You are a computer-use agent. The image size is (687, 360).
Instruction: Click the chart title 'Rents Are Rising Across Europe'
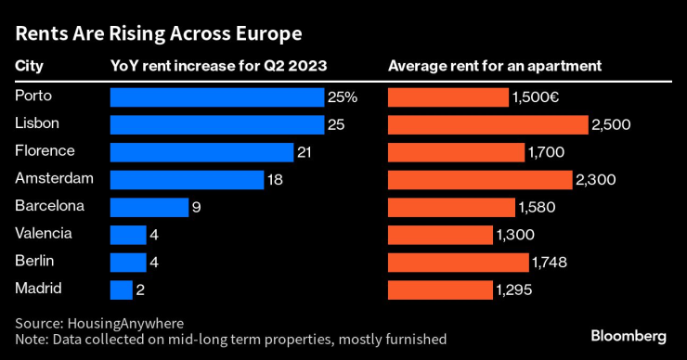click(x=158, y=35)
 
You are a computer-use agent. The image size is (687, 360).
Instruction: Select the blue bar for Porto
click(x=216, y=97)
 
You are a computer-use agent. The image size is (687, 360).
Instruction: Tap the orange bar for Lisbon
click(x=487, y=124)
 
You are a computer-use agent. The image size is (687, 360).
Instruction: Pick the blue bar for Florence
click(x=201, y=152)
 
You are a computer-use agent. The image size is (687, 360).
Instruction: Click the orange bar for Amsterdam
click(x=479, y=180)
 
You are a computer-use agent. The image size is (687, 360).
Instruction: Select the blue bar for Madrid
click(x=121, y=289)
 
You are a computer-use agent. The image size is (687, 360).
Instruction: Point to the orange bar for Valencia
click(x=440, y=235)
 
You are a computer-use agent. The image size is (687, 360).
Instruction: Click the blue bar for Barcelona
click(x=149, y=207)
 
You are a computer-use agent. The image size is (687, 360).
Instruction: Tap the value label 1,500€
click(x=535, y=97)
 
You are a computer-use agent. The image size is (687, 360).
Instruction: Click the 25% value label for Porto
click(x=343, y=97)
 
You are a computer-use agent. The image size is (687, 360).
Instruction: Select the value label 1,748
click(x=548, y=263)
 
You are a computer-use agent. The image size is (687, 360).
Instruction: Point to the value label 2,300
click(x=595, y=180)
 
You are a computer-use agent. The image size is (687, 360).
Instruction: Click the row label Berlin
click(x=35, y=261)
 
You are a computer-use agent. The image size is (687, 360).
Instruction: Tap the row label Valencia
click(x=44, y=234)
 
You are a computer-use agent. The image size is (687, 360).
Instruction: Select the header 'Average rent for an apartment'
click(x=496, y=67)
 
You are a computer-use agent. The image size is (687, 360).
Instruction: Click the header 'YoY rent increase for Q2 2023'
click(x=218, y=67)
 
